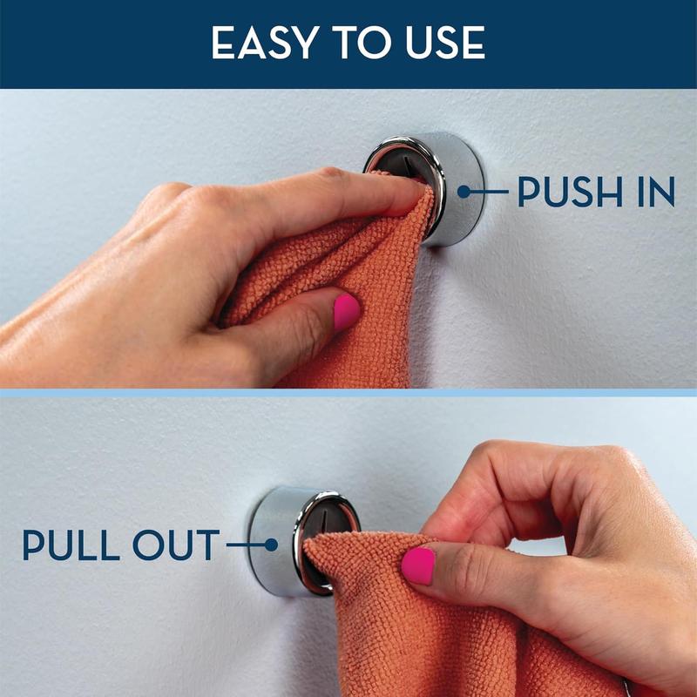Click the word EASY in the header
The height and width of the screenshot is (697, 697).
(x=266, y=43)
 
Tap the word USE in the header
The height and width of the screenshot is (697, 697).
(x=445, y=43)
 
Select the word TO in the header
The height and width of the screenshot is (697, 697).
(x=362, y=43)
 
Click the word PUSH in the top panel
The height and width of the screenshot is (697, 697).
(x=571, y=192)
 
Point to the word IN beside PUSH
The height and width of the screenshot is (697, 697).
(x=657, y=192)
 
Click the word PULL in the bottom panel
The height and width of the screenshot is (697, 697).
(x=71, y=545)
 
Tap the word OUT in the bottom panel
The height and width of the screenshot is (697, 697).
(x=176, y=545)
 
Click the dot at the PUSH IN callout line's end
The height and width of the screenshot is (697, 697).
(x=464, y=192)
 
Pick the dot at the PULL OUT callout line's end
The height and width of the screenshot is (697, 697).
(x=271, y=545)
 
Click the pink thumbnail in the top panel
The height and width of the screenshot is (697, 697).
(x=346, y=311)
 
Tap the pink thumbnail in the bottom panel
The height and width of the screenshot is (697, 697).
(x=418, y=565)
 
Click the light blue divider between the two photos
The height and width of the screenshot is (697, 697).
(x=348, y=393)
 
